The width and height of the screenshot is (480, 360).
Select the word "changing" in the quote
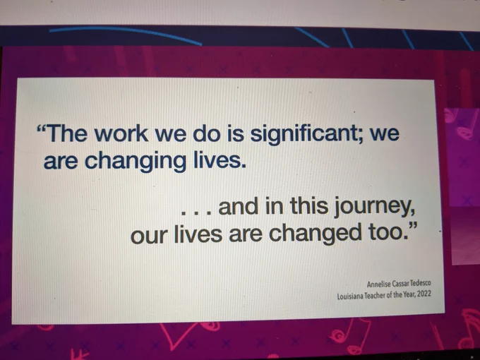(x=136, y=161)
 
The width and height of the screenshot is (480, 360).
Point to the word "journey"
(x=374, y=206)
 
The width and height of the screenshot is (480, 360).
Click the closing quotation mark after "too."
(x=414, y=227)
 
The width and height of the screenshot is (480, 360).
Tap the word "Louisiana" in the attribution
(x=350, y=296)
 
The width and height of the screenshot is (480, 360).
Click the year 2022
(x=425, y=294)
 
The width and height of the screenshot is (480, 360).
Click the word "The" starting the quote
(x=67, y=133)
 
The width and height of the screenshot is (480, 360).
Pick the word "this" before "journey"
(x=309, y=205)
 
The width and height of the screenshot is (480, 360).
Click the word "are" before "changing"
(x=61, y=162)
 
